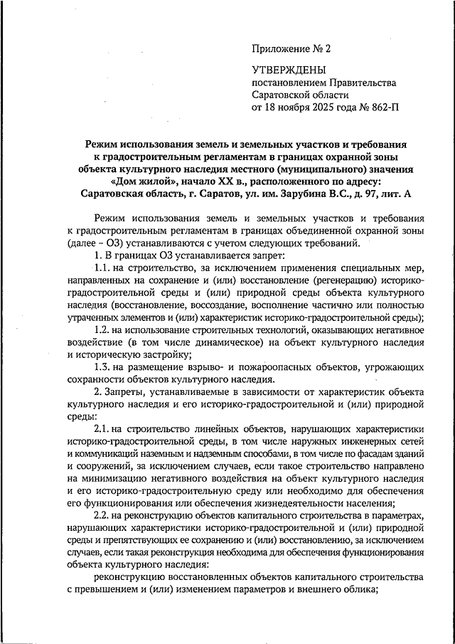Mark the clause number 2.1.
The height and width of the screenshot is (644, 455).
coord(104,431)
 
